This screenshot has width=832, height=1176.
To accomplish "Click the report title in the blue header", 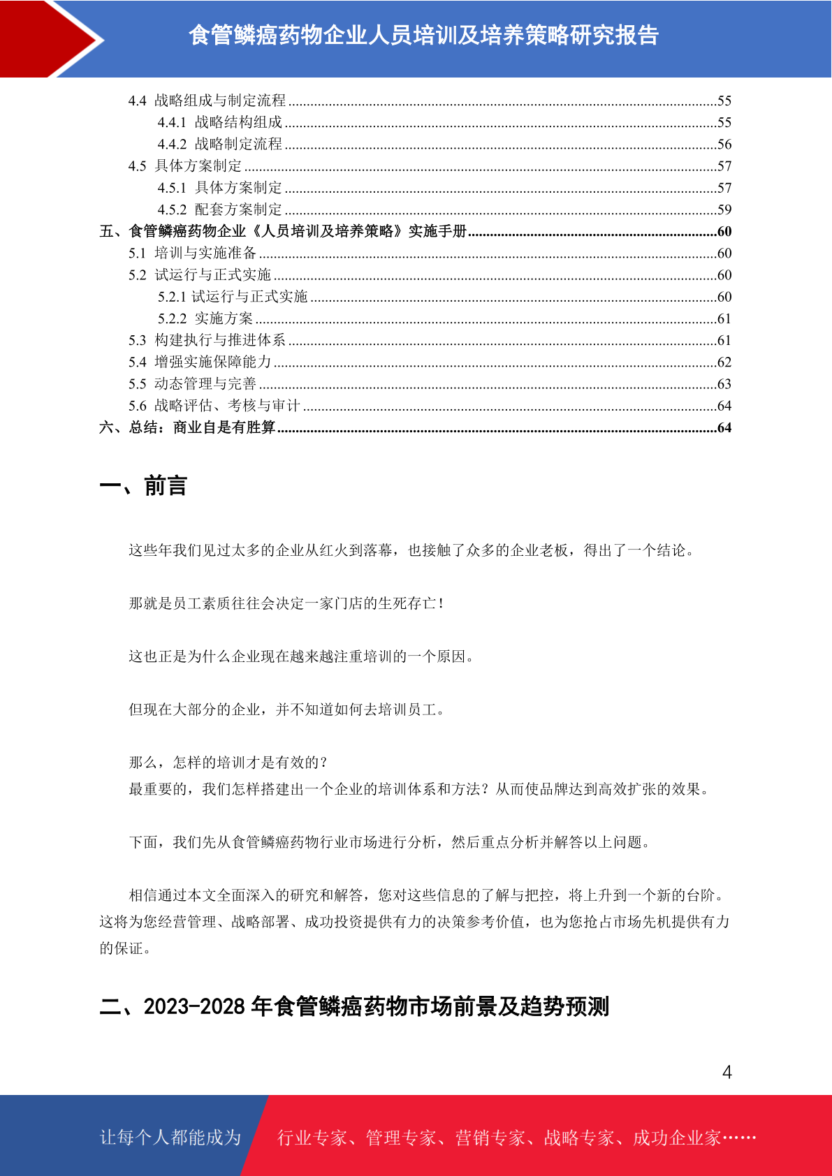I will click(423, 35).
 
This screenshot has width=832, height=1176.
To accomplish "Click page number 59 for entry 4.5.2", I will click(724, 210).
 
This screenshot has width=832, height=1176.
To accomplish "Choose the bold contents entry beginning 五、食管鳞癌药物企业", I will click(283, 231).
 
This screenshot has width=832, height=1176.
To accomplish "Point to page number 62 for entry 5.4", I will click(724, 362).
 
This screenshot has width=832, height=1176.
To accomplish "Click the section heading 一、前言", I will click(143, 486).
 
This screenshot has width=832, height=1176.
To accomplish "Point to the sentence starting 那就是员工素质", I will click(286, 603).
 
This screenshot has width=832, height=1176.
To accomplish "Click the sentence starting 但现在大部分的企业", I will click(286, 710).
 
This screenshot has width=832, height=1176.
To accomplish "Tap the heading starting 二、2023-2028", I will click(354, 1006).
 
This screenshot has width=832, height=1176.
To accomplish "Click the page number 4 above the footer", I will click(727, 1073).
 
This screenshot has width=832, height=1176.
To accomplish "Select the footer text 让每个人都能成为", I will click(170, 1138).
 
